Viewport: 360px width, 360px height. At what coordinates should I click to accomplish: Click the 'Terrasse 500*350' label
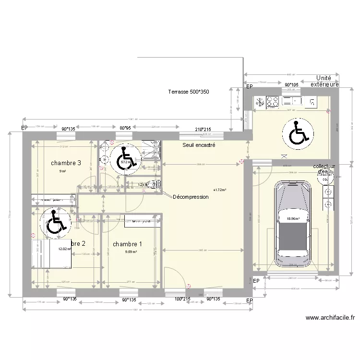point(189,91)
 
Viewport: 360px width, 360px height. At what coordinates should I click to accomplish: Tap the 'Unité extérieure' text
point(324,81)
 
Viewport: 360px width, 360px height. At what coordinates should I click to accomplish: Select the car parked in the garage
point(292,224)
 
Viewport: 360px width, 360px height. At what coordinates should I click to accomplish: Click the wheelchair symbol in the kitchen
point(299,132)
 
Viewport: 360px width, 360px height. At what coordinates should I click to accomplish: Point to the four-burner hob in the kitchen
point(273,101)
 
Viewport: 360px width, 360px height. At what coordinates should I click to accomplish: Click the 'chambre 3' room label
point(65,163)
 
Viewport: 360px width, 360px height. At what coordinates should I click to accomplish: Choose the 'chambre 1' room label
point(127,244)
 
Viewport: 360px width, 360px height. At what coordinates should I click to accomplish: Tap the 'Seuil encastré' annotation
point(199,144)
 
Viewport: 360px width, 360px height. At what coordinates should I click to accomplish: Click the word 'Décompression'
point(190,197)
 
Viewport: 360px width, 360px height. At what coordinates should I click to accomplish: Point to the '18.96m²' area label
point(293,218)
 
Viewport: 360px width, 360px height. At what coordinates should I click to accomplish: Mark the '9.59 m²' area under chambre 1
point(131,252)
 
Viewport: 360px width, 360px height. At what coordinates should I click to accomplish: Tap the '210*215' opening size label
point(203,130)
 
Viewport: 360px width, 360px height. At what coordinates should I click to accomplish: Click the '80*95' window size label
point(125,128)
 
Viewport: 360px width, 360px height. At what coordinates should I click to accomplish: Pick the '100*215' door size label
point(181,299)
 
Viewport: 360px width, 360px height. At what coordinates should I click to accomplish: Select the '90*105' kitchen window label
point(291,85)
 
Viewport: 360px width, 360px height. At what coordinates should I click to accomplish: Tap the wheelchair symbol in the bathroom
point(124,159)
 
